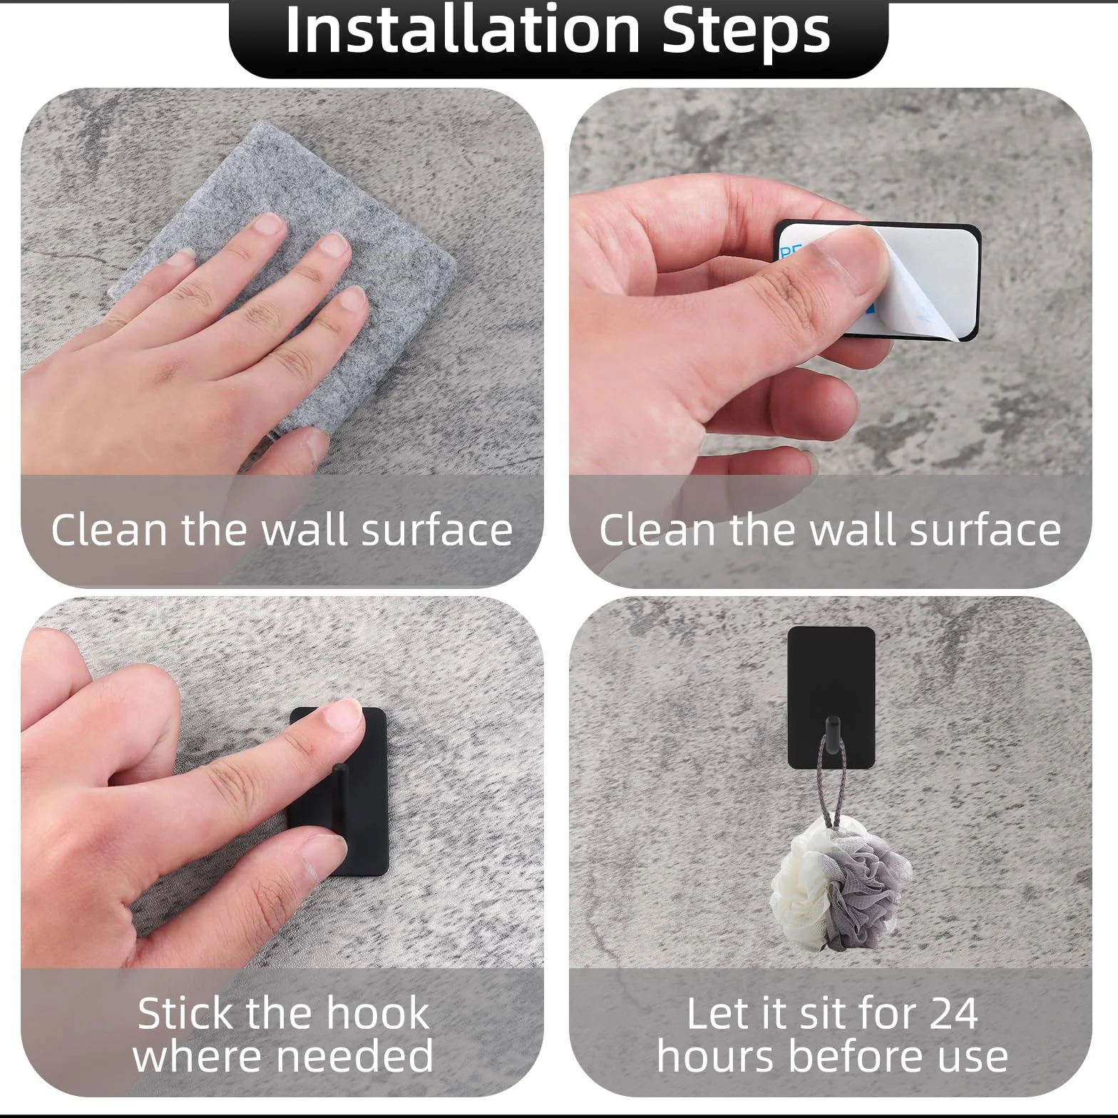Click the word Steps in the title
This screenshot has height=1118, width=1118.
(747, 32)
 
